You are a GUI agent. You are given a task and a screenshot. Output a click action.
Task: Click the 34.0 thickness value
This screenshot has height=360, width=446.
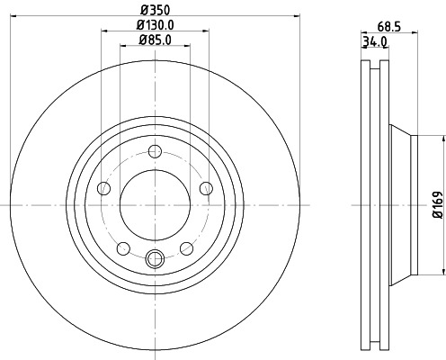coord(374,41)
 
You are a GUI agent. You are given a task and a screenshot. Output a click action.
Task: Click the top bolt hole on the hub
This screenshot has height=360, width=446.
coord(155,152)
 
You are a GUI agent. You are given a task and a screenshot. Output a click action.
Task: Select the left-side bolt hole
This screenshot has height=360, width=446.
coord(103,188)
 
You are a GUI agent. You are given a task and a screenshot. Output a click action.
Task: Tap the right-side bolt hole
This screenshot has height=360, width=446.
coord(206,187)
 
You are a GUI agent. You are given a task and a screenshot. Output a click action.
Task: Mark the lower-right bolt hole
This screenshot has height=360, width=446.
coord(186,248)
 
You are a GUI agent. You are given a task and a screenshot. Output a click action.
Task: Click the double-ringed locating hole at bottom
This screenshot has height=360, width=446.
coord(155,260)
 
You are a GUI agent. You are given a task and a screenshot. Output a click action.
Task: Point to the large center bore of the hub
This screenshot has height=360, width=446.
coord(155,206)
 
